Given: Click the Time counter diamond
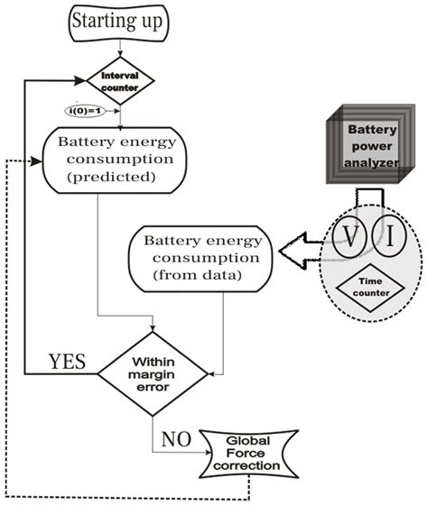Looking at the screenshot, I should [x=369, y=288].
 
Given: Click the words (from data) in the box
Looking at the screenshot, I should [x=195, y=274].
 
